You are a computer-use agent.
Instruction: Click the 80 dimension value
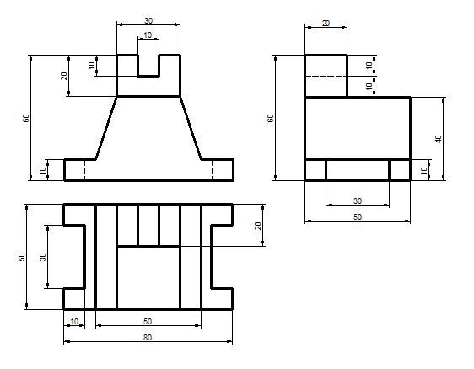click(148, 337)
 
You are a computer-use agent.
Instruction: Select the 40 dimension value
click(439, 139)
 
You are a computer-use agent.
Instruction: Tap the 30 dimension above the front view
click(148, 20)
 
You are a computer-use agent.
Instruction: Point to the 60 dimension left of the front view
click(26, 118)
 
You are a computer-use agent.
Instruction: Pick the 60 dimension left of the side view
click(271, 118)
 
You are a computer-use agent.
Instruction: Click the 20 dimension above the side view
click(326, 24)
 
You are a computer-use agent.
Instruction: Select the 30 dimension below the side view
click(358, 201)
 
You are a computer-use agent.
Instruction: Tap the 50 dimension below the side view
click(358, 217)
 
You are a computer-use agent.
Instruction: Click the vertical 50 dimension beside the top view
click(21, 257)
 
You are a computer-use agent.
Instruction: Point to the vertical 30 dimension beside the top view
click(43, 257)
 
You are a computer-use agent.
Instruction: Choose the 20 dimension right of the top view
click(257, 226)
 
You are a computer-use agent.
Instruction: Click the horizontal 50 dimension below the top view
click(148, 321)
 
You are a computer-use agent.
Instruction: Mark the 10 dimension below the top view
click(74, 321)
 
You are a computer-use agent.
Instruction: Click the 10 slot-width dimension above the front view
click(148, 35)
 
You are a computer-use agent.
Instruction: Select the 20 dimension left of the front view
click(64, 76)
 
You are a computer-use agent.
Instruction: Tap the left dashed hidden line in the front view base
click(85, 169)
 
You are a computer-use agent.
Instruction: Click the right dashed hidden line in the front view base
click(213, 169)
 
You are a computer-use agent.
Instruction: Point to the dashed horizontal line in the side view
click(326, 77)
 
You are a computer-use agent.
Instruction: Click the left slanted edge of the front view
click(106, 128)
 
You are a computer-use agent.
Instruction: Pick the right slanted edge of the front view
click(191, 128)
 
